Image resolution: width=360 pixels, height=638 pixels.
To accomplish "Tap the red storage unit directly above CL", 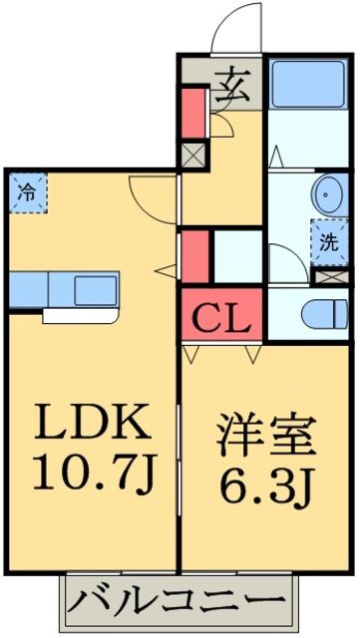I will tap(195, 254).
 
